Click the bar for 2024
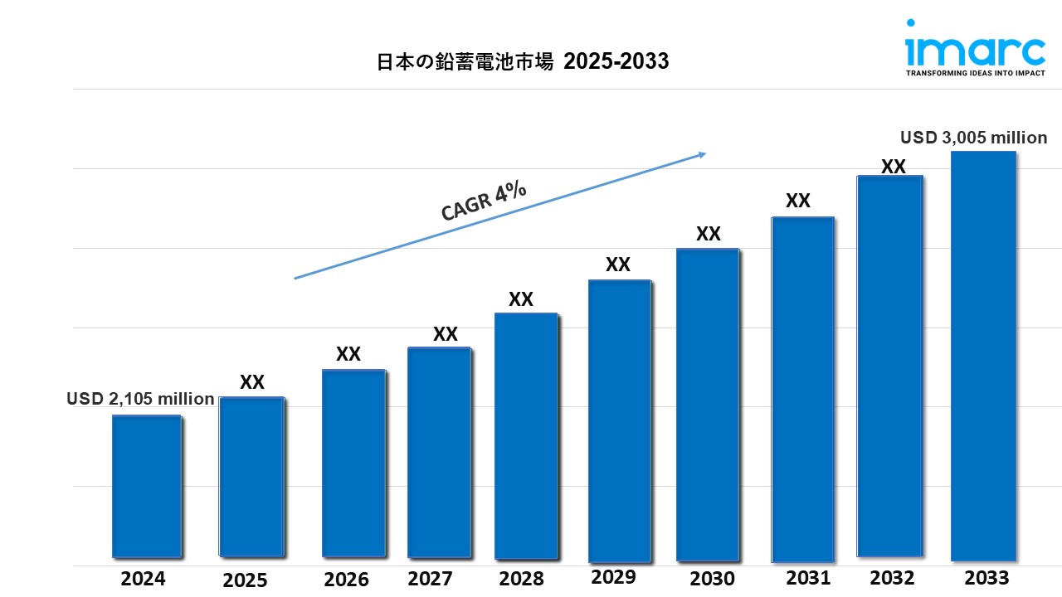click(x=147, y=486)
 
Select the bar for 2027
click(x=439, y=452)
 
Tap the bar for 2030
click(x=707, y=405)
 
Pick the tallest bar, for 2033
click(x=983, y=357)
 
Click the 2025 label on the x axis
click(x=245, y=580)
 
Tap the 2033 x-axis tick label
click(x=986, y=578)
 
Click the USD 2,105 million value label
click(x=140, y=399)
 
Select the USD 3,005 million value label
click(x=974, y=138)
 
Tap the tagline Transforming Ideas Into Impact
click(x=974, y=73)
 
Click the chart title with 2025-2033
click(x=523, y=61)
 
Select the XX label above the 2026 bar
click(x=348, y=354)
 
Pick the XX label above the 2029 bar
click(x=618, y=265)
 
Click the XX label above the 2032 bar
click(x=893, y=166)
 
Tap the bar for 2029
click(x=620, y=421)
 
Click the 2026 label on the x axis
click(x=347, y=579)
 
